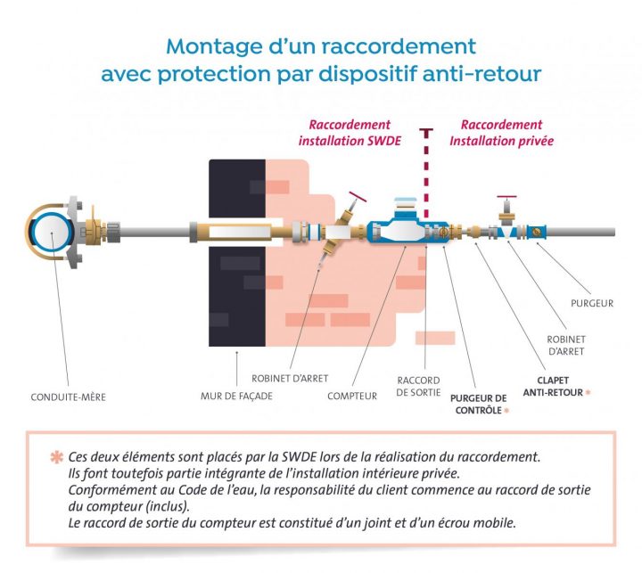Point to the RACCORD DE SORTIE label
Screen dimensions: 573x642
pos(418,388)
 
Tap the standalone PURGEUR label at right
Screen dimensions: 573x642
pos(592,303)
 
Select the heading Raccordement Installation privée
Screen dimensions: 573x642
pos(501,133)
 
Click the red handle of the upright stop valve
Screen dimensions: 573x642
pos(507,197)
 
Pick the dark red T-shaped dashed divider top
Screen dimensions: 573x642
pos(427,131)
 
